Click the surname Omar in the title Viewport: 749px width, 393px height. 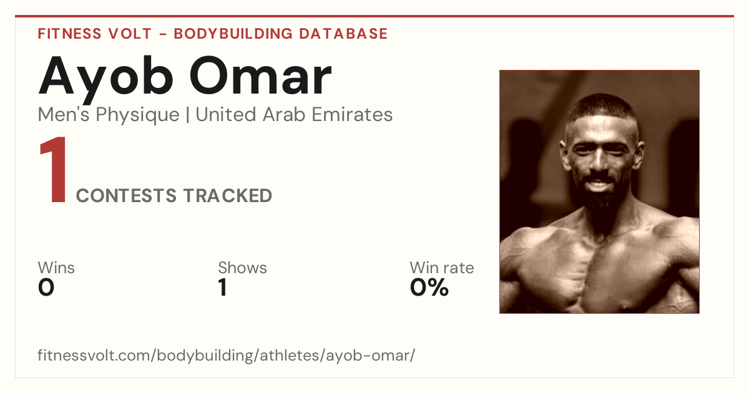coord(261,76)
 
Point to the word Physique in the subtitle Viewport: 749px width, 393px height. coord(138,115)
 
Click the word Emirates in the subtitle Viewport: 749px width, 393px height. coord(352,115)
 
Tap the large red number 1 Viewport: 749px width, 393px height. coord(53,169)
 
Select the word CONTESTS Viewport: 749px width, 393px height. coord(126,196)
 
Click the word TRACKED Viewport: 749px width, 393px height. coord(228,196)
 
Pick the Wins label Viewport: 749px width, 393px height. coord(56,268)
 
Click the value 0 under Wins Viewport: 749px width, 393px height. coord(46,288)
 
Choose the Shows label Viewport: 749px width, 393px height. coord(242,268)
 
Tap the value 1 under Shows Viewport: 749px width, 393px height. coord(223,288)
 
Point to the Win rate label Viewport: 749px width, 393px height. coord(442,268)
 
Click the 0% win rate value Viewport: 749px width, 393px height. coord(429,288)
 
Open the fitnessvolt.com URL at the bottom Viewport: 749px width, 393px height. coord(227,356)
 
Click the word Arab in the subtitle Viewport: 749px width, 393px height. coord(284,115)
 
